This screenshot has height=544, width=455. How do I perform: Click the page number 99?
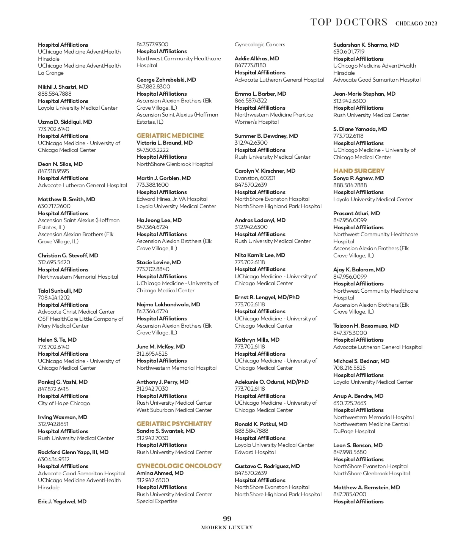[227, 519]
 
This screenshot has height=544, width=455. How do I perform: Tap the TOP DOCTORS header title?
[349, 22]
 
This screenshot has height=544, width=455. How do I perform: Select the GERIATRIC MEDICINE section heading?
[170, 136]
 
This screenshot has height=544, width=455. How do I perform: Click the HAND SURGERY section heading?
[359, 171]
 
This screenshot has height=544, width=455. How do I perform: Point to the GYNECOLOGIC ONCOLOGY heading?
[179, 466]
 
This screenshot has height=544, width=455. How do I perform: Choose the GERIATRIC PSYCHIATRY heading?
[174, 424]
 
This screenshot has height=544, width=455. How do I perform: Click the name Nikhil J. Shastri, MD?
[63, 87]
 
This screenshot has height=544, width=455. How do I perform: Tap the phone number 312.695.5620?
[54, 262]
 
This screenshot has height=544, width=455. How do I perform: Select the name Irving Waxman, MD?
[63, 417]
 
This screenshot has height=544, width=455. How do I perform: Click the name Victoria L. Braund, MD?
[165, 143]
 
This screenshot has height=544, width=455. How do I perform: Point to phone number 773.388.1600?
[152, 185]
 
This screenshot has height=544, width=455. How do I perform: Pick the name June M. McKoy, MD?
[161, 347]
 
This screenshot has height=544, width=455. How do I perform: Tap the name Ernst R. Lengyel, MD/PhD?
[267, 297]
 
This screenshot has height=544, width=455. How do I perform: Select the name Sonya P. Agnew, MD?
[359, 178]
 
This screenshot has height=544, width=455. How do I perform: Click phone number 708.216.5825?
[349, 368]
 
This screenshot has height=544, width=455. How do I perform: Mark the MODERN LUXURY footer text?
[227, 527]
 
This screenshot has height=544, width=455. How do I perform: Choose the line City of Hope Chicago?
[64, 403]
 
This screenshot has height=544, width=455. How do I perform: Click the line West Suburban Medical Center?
[174, 410]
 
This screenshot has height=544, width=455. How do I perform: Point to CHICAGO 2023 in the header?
[416, 24]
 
